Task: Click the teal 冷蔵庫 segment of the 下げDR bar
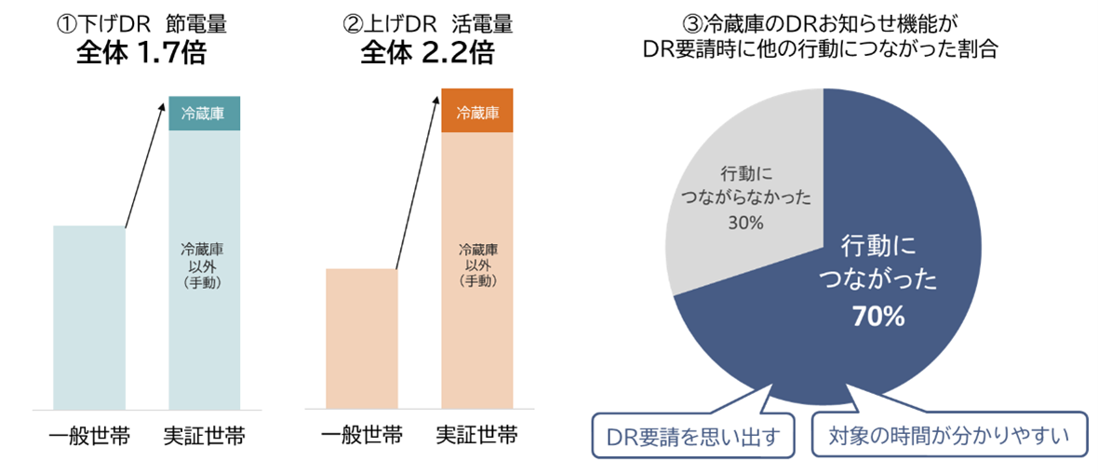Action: [x=204, y=114]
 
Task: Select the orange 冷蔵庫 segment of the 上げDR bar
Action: [x=477, y=114]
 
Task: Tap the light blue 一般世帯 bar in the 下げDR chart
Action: [x=88, y=317]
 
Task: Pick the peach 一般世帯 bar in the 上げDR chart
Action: [x=362, y=338]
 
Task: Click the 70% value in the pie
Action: [x=878, y=317]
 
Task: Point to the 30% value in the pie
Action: [x=746, y=224]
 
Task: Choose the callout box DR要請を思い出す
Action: [x=694, y=434]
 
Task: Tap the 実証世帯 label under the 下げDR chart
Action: [x=204, y=436]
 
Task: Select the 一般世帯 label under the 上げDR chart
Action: [x=362, y=436]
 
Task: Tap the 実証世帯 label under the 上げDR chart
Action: [x=477, y=436]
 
